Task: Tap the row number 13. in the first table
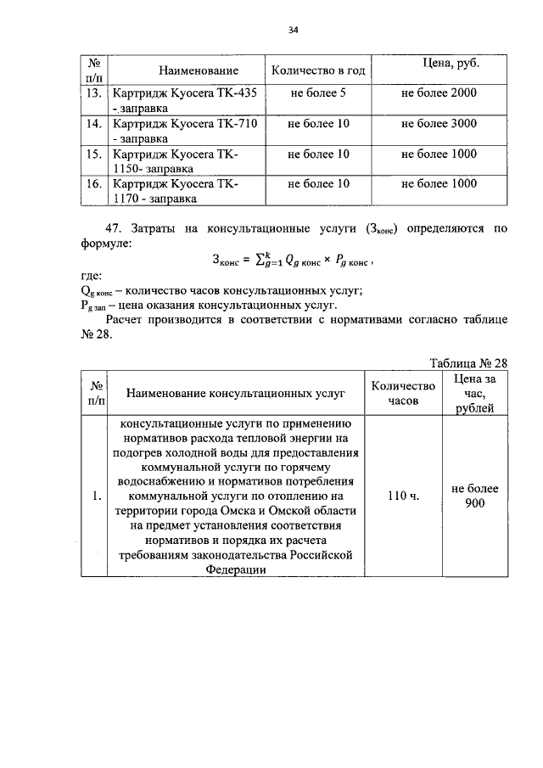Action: (x=94, y=92)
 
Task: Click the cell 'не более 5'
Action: (x=318, y=92)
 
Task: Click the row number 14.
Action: (x=94, y=123)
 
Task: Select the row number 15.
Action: (x=94, y=154)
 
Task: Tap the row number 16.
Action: (x=94, y=183)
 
